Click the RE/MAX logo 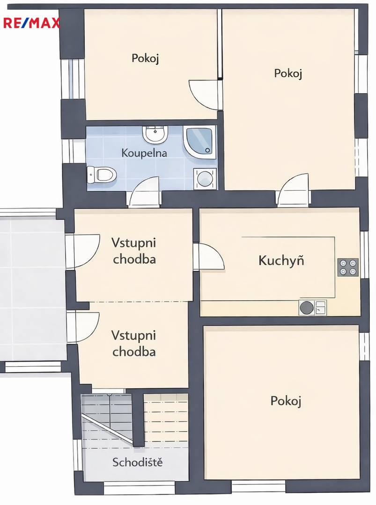31,23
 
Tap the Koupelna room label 144,152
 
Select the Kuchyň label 281,260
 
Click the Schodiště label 138,462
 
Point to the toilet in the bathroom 101,174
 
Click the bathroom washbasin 155,134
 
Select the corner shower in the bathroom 199,140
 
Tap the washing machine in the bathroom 205,178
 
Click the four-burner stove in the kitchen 348,267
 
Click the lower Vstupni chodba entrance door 84,326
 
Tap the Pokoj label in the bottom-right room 286,401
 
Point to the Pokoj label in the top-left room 145,58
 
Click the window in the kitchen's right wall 364,254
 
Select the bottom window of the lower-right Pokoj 258,486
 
